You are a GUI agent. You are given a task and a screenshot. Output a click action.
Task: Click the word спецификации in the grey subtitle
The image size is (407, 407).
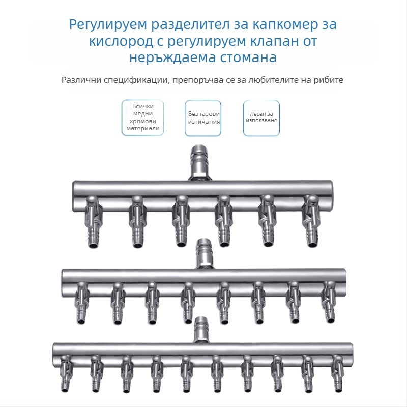[x=132, y=80]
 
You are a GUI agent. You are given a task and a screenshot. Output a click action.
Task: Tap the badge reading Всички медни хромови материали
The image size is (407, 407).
[x=143, y=118]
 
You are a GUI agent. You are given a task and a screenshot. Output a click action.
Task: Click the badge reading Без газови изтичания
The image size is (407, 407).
[x=203, y=118]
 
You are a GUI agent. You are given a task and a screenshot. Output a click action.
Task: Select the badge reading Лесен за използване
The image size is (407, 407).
[x=261, y=118]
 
